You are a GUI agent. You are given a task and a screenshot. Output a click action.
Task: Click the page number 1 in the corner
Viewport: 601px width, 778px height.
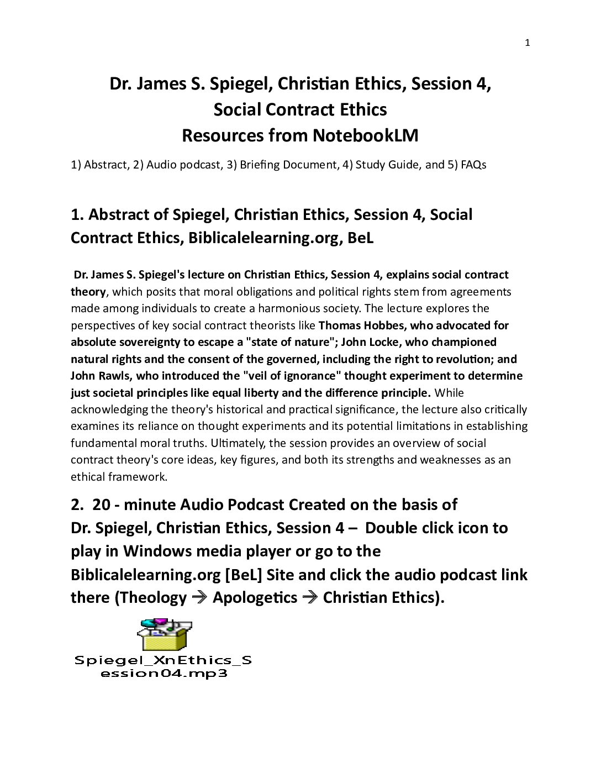point(527,43)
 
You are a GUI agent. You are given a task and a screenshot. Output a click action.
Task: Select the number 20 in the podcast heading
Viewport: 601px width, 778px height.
point(102,504)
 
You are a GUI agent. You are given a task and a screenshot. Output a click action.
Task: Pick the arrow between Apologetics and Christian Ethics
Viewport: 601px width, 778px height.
point(310,598)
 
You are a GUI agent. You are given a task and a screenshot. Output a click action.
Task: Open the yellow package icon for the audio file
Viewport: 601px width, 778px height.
point(164,635)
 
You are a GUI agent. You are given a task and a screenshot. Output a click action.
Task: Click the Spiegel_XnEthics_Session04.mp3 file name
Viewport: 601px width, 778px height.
point(164,666)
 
